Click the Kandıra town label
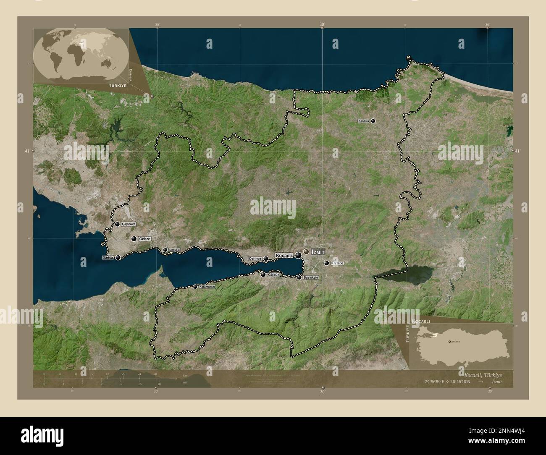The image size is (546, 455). pos(364,121)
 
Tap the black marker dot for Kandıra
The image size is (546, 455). pos(373,121)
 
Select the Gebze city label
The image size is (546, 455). pos(144,238)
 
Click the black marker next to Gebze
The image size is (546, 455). pos(134,239)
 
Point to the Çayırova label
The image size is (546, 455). pos(129,225)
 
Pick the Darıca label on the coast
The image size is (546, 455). pos(108,257)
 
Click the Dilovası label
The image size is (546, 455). pos(174,250)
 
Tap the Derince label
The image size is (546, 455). pos(255,259)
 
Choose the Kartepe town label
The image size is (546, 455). pos(337,263)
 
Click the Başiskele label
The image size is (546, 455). pos(311,277)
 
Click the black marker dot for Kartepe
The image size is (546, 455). pos(327,263)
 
